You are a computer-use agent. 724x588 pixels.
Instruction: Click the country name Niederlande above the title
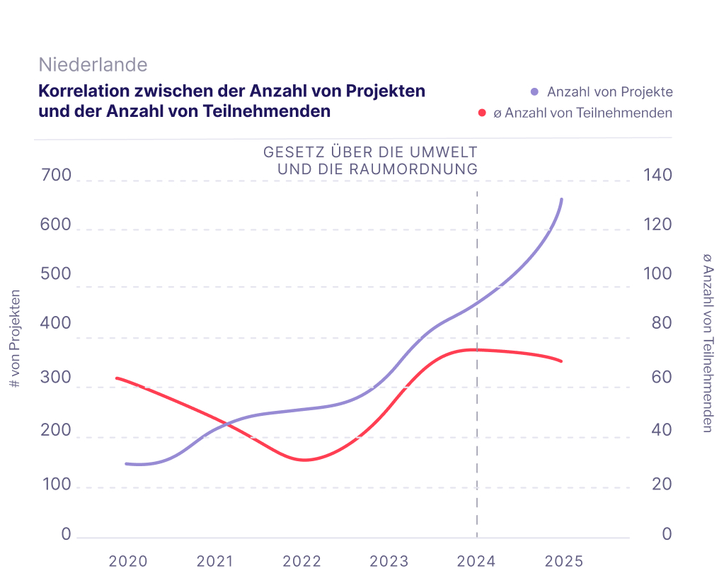click(x=93, y=64)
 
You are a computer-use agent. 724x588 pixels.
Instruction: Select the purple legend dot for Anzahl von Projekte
click(x=534, y=92)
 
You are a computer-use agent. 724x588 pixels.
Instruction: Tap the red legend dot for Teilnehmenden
click(x=482, y=113)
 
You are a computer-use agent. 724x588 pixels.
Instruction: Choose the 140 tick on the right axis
click(x=657, y=176)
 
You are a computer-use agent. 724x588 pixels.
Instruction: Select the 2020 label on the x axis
click(x=128, y=561)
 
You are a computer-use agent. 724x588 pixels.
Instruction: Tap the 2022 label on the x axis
click(x=302, y=561)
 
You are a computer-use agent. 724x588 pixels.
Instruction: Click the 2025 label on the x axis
click(x=564, y=561)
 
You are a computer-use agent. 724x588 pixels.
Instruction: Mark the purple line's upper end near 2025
click(x=562, y=200)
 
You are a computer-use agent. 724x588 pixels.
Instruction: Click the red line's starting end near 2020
click(x=117, y=378)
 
